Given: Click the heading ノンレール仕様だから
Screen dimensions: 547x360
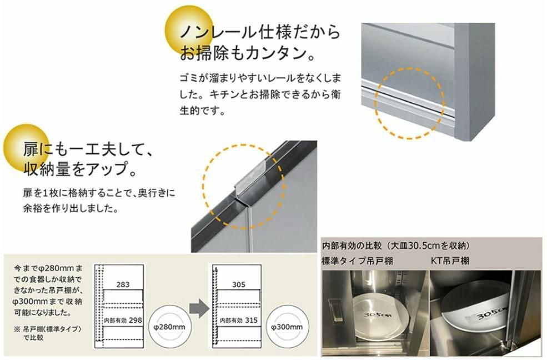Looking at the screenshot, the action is [259, 32].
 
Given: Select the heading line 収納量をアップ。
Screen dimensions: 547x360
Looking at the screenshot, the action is [80, 169].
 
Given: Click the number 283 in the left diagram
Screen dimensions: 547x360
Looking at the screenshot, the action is [123, 284].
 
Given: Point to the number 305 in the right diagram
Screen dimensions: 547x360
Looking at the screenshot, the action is [239, 284].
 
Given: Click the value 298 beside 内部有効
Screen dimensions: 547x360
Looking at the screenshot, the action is [135, 320].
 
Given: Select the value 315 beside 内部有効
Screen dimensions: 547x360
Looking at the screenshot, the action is [251, 320].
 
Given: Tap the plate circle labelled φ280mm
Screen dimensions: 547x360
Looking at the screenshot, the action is [169, 327].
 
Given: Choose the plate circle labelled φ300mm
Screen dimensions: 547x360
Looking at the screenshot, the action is [287, 327].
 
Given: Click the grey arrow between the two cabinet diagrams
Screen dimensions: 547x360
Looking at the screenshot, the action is [199, 308].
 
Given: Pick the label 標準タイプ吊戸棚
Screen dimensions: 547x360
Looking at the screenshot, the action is [357, 261].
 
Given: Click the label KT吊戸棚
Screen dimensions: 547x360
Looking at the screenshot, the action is [450, 261].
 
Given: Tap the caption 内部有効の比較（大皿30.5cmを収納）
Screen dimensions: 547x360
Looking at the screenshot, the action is [396, 246].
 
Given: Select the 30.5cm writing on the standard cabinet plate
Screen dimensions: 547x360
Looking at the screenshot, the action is [378, 315].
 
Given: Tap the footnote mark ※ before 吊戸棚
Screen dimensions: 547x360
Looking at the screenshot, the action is [17, 329].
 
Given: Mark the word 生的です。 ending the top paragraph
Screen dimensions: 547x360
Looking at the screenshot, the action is [203, 111].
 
